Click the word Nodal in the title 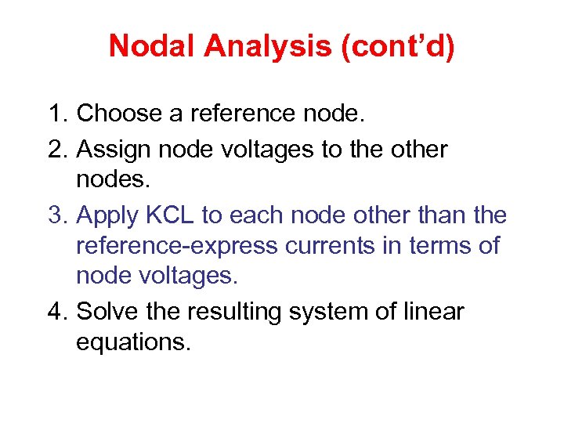[153, 46]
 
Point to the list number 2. [57, 148]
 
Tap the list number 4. [57, 311]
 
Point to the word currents [342, 246]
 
